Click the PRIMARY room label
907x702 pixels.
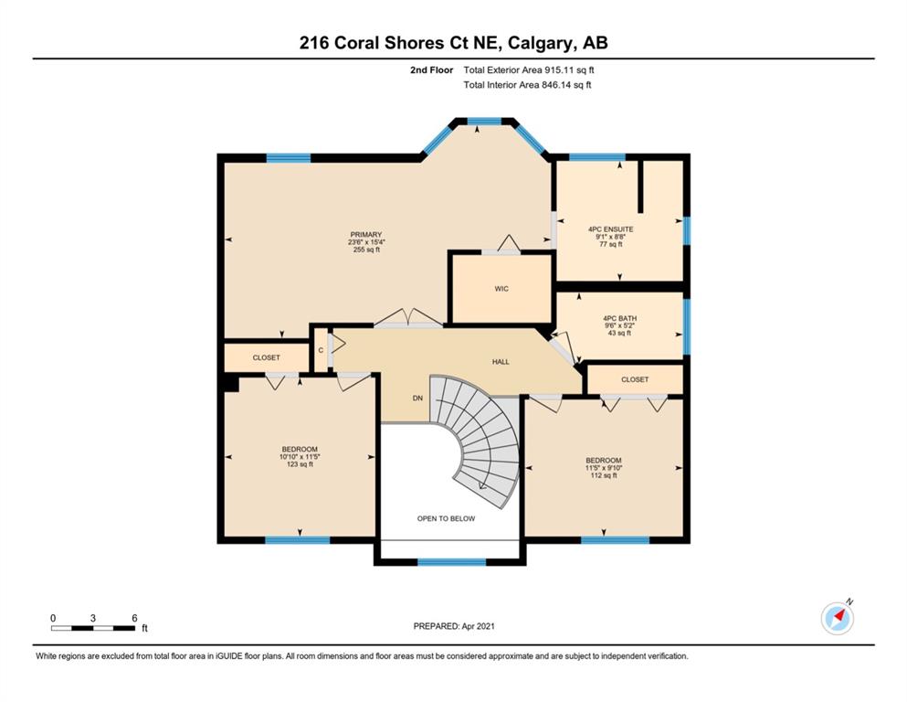pos(365,235)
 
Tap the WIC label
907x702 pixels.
pos(501,289)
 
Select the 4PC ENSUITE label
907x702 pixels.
pos(610,229)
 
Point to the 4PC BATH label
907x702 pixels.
pos(619,318)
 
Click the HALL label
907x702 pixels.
pos(501,362)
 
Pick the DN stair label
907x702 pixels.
pos(417,399)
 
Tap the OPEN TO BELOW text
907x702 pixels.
pos(446,518)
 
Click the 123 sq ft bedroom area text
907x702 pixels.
pos(300,464)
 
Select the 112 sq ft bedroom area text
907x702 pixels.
pos(604,475)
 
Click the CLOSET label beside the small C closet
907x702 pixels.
pos(266,357)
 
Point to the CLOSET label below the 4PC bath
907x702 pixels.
pos(635,379)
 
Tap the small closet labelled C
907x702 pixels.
pos(321,350)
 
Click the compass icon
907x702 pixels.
pos(837,618)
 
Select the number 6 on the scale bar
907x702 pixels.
pos(134,618)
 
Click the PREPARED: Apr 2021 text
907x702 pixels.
pos(454,626)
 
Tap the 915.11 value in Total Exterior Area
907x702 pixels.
pos(557,70)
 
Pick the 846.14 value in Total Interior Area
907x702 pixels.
pos(555,85)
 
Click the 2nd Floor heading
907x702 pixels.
pos(431,70)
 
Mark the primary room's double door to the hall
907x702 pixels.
pos(408,319)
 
